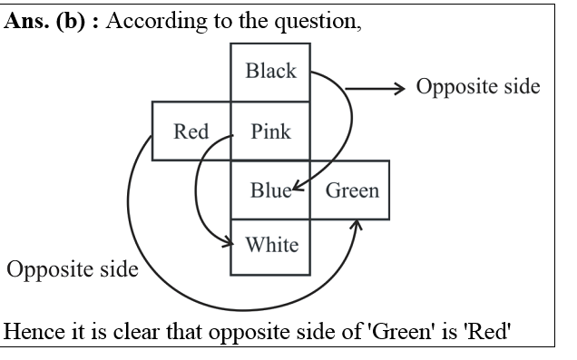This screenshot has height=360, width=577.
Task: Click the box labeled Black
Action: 271,71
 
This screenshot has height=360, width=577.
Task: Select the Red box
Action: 191,131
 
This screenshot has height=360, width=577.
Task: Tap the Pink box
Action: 271,131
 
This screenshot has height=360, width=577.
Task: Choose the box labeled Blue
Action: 271,190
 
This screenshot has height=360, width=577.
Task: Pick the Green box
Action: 351,190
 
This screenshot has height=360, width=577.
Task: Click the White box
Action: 271,245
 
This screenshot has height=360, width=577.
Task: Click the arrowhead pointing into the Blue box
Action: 297,189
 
